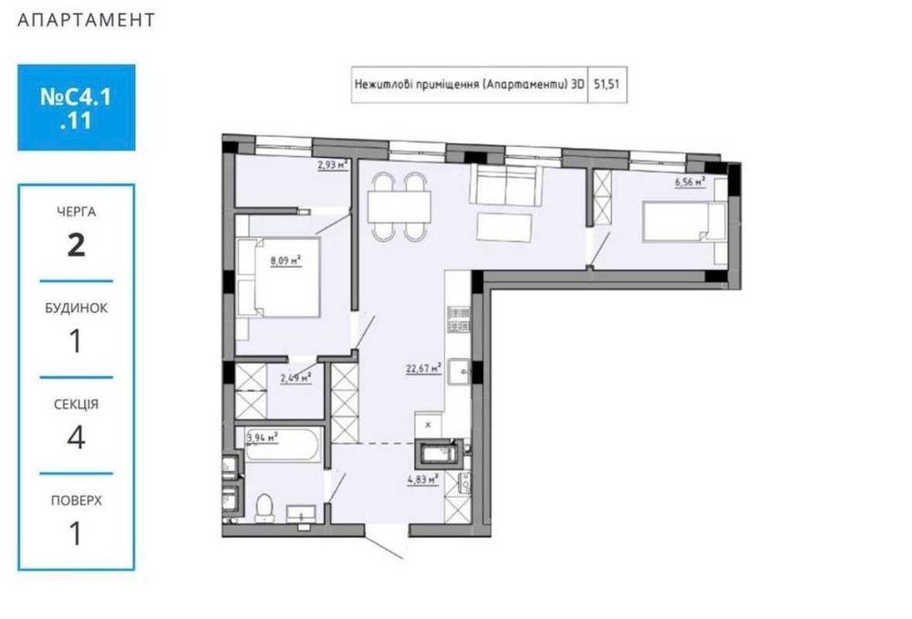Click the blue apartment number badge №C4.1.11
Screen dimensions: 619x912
coord(77,107)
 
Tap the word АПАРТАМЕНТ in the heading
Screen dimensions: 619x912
coord(87,20)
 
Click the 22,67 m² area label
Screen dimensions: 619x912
coord(424,370)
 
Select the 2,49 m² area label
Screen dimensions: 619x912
coord(295,376)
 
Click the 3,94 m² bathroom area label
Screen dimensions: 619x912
coord(263,437)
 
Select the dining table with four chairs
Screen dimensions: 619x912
coord(399,206)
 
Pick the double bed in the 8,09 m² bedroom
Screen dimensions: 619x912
coord(276,277)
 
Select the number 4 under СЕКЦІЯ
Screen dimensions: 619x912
coord(77,437)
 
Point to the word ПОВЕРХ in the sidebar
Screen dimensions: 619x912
coord(77,500)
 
